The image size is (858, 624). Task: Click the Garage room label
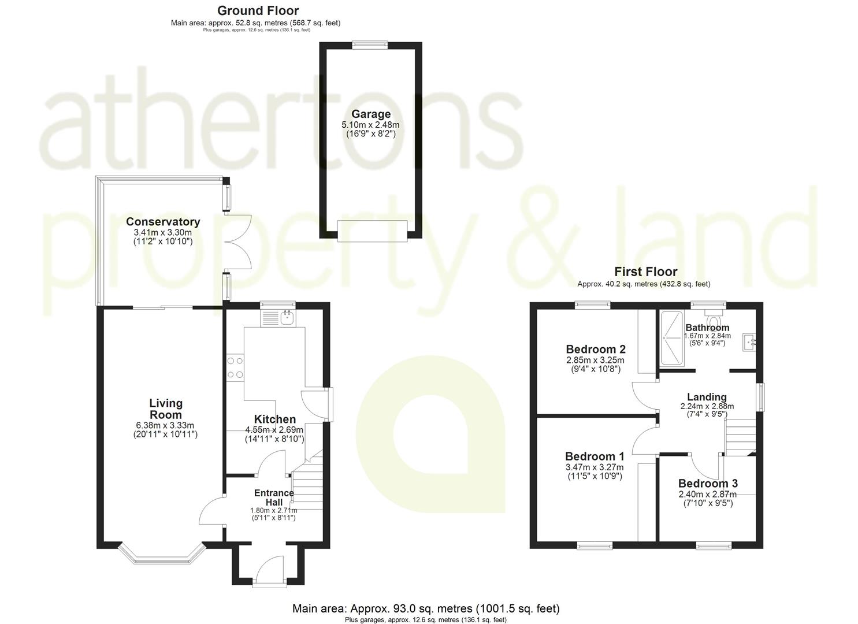[x=371, y=114]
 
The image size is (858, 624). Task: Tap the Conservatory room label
[x=163, y=222]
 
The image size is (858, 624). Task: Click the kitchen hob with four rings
[x=235, y=367]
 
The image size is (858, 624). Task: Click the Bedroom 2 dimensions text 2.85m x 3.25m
[x=595, y=359]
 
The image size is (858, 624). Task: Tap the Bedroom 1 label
[x=595, y=456]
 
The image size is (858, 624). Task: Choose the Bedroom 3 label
[x=708, y=484]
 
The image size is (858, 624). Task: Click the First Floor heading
[x=645, y=272]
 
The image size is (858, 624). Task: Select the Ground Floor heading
[x=258, y=10]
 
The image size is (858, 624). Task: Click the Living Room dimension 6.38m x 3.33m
[x=165, y=425]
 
